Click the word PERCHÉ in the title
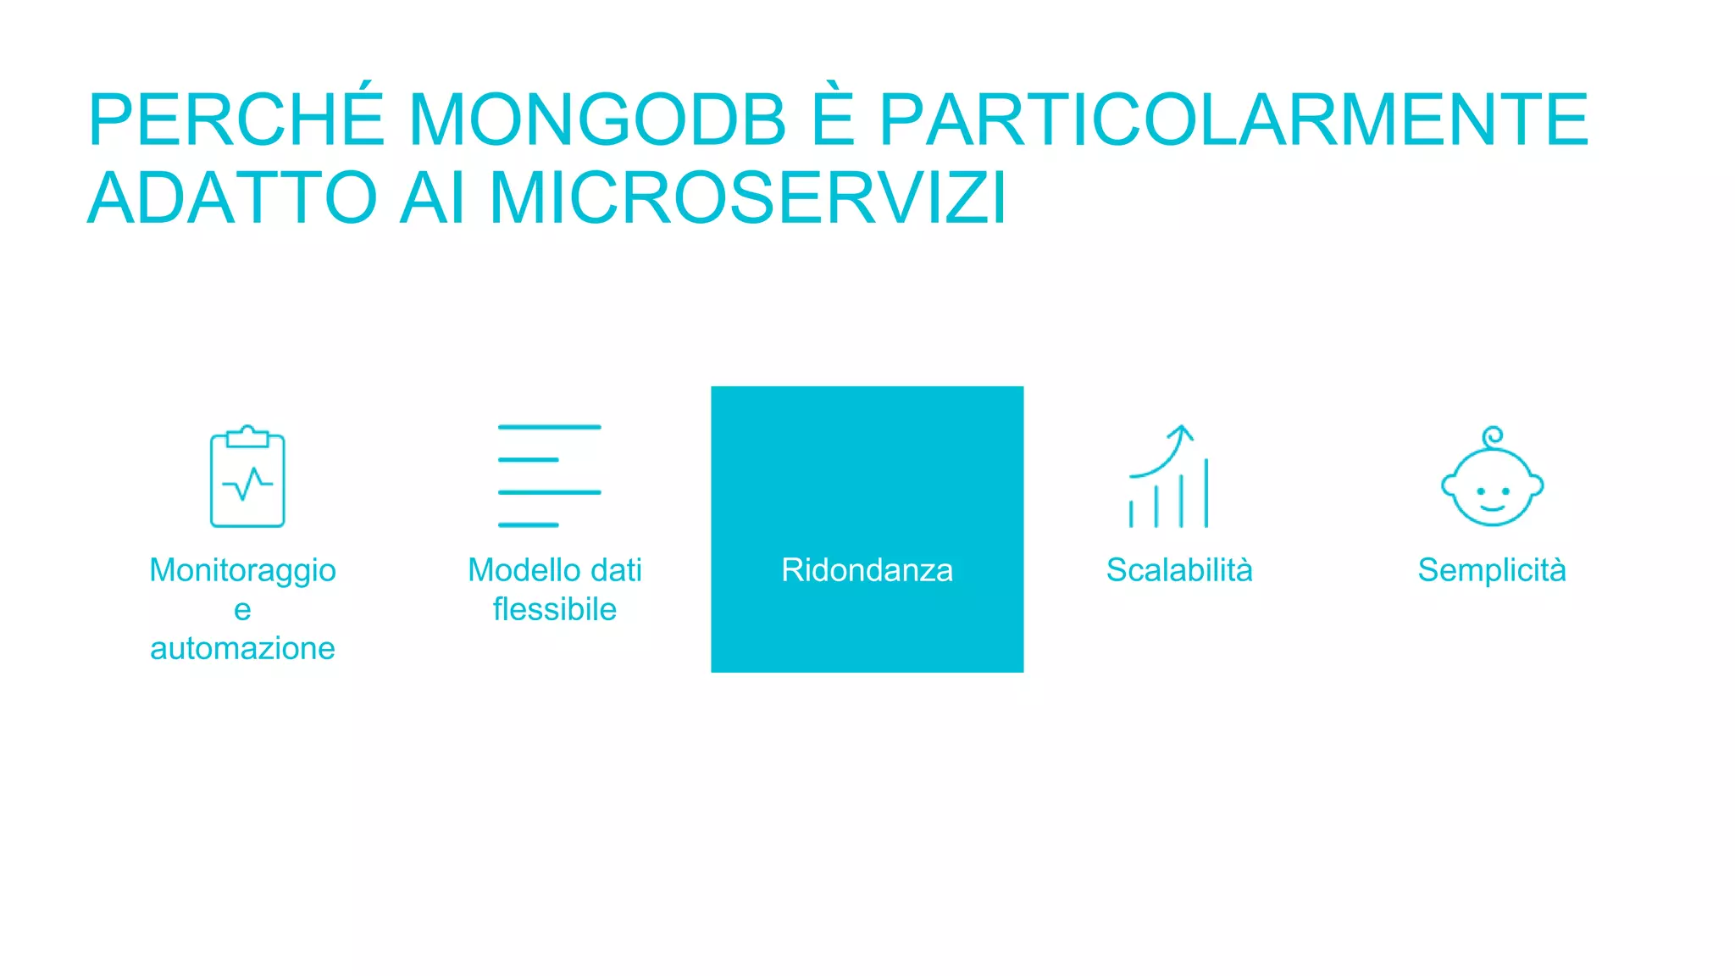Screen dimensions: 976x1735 point(236,120)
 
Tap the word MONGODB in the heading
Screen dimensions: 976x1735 point(597,120)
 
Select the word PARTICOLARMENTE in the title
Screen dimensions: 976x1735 point(1233,120)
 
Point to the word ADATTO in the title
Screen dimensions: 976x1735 point(232,198)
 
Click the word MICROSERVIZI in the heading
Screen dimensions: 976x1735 point(748,198)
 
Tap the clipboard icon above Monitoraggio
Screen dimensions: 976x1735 point(247,477)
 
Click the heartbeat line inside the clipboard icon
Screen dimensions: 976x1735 point(247,484)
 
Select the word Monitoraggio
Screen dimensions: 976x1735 point(242,570)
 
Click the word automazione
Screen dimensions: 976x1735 point(242,648)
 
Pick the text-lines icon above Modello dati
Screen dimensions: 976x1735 point(549,475)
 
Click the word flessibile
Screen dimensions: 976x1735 point(555,609)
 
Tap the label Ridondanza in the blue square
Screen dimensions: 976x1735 point(867,570)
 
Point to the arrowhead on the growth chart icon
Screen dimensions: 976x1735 point(1181,432)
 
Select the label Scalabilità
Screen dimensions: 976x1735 point(1179,570)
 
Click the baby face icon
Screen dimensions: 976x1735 point(1492,487)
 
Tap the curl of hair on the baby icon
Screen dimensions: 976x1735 point(1493,436)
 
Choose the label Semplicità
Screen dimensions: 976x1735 point(1492,570)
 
